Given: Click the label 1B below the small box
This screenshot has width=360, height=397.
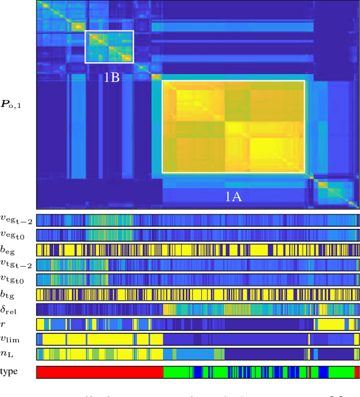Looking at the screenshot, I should tap(112, 78).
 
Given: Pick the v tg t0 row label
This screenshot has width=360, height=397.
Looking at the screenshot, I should tap(16, 280).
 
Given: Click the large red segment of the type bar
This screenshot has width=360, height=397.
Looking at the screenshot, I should tap(100, 372).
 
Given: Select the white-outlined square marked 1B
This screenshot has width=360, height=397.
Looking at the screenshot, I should tap(109, 47).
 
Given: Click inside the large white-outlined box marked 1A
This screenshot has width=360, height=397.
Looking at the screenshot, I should tap(233, 127).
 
